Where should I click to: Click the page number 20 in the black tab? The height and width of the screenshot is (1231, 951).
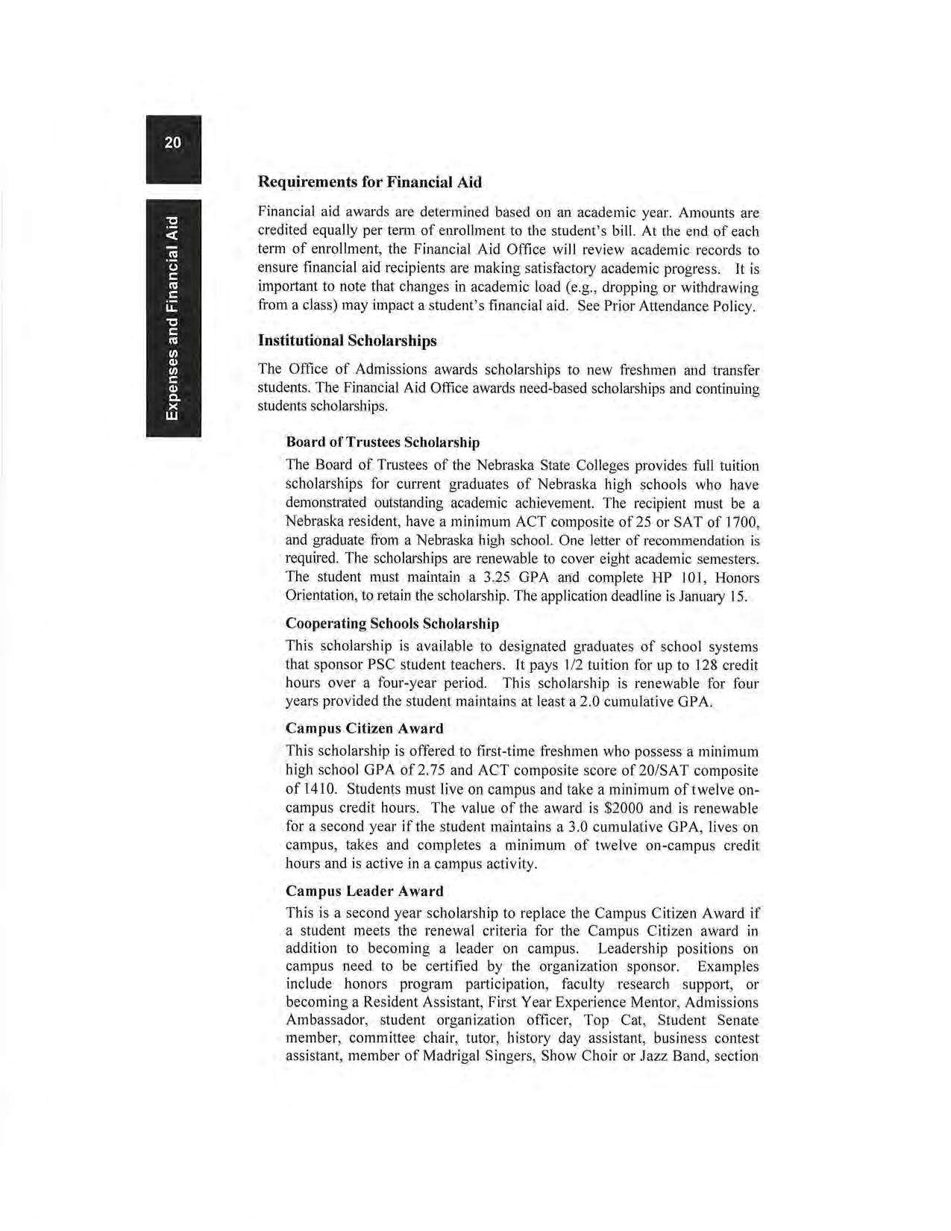click(172, 142)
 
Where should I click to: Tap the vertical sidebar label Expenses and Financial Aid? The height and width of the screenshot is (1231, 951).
click(173, 318)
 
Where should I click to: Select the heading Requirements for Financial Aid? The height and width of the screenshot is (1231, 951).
click(369, 182)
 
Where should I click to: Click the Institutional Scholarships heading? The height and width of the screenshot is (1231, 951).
click(347, 341)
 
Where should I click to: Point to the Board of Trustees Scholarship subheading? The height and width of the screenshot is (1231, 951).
click(383, 442)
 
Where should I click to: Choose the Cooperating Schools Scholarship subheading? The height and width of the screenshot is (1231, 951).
click(392, 623)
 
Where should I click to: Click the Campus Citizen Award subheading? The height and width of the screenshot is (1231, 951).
click(364, 728)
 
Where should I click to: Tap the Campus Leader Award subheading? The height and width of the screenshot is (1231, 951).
click(364, 891)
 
